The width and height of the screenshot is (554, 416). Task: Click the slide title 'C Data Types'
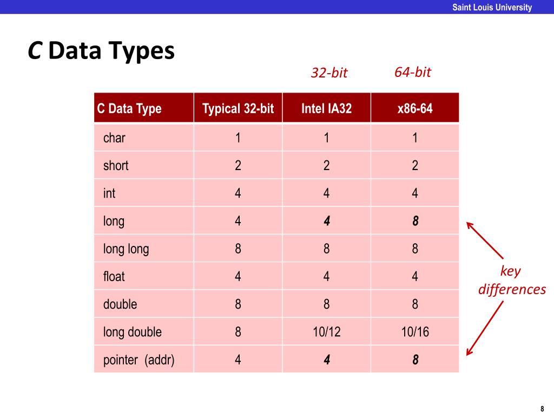[101, 51]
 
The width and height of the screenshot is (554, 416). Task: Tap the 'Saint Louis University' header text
[492, 7]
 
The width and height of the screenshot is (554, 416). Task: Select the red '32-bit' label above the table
[329, 73]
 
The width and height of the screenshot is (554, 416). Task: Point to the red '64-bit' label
[413, 72]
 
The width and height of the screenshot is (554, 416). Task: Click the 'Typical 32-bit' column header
[238, 108]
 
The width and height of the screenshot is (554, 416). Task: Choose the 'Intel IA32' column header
[326, 108]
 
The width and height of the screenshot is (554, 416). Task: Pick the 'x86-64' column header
[415, 108]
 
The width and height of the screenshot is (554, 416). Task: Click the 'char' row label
[114, 138]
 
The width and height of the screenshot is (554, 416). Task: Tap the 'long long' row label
[126, 249]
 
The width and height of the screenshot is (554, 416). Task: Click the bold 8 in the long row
[415, 222]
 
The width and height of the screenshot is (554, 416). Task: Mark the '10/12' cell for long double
[326, 332]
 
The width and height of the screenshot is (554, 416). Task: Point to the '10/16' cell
[415, 332]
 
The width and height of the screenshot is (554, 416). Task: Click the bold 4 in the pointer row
[326, 360]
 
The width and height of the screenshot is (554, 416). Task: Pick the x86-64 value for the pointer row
[415, 360]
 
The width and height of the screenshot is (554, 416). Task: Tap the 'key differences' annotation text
[512, 281]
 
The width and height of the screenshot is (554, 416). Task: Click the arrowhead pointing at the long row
[469, 224]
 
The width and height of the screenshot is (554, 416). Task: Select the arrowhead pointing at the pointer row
[469, 353]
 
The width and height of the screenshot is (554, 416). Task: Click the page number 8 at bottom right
[542, 408]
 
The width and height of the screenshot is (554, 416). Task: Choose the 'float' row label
[114, 277]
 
